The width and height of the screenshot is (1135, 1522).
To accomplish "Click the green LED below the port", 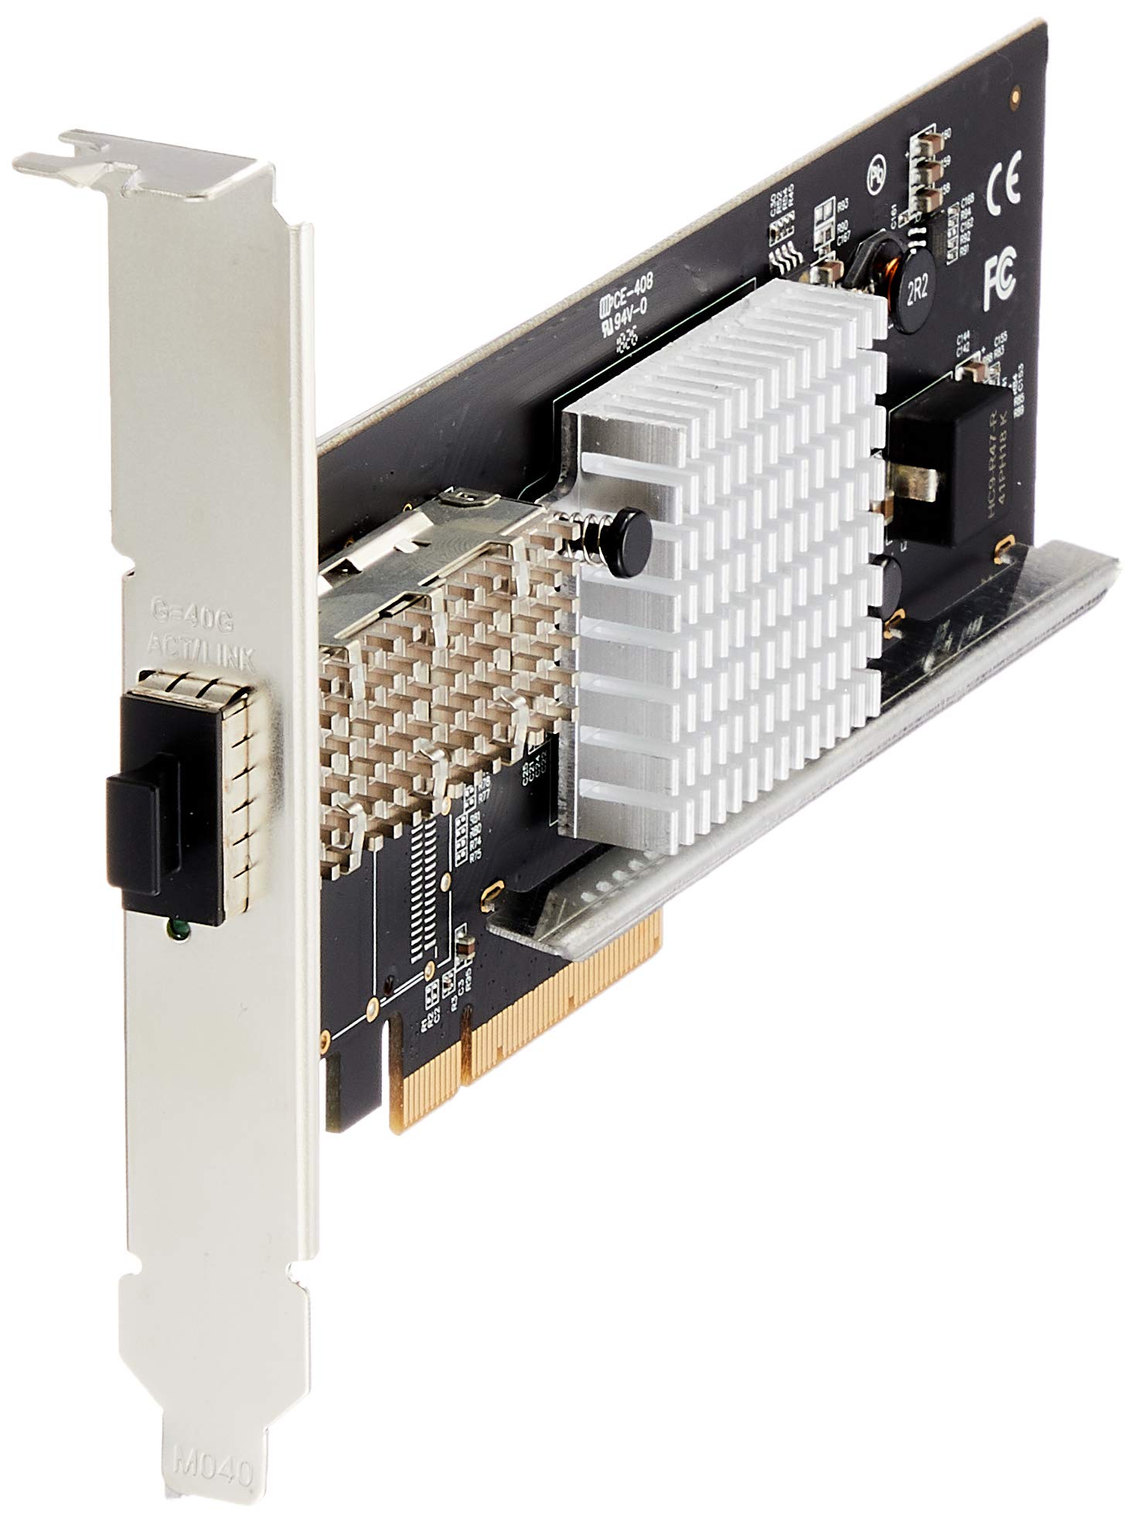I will pos(176,931).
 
